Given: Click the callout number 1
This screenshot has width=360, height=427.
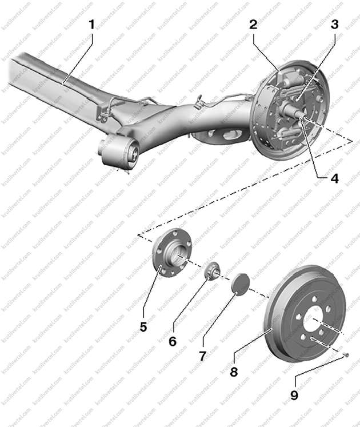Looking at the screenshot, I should point(92,25).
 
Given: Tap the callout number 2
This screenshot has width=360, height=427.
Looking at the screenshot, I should point(253,25).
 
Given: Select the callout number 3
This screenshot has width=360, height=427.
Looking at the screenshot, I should point(334,25).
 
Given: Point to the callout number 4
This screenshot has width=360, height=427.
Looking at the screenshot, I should point(334,178).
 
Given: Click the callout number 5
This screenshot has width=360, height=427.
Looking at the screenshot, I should point(143,327).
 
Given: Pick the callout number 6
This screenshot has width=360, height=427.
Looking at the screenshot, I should point(172,341).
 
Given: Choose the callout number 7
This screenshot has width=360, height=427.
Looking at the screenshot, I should point(202,356).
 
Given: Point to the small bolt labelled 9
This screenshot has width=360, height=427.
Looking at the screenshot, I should point(346,355).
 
